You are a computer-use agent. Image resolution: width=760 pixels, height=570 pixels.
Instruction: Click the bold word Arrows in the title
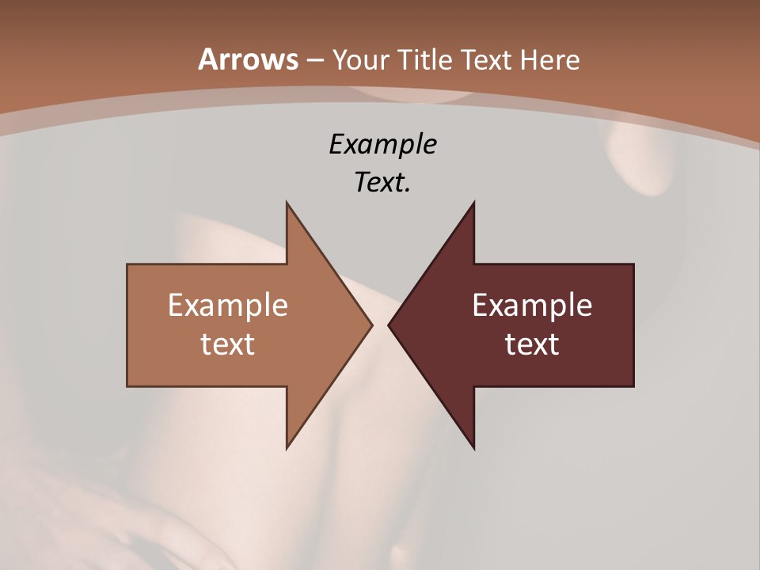248,59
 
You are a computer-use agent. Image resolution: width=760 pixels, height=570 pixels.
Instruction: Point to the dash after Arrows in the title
314,60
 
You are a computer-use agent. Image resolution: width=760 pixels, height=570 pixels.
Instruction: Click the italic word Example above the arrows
383,145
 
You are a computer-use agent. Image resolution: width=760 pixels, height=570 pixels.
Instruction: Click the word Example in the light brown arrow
228,306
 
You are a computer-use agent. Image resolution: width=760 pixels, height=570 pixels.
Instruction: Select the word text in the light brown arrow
228,344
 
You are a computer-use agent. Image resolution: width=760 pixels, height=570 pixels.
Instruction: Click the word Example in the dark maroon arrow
532,306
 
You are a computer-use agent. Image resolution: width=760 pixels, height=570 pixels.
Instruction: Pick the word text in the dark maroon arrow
532,344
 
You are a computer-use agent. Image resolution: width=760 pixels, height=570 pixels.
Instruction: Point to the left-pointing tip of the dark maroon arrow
389,325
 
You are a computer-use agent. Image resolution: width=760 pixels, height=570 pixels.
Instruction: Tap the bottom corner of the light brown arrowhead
287,446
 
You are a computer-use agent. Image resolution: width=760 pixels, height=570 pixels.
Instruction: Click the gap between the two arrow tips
380,325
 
